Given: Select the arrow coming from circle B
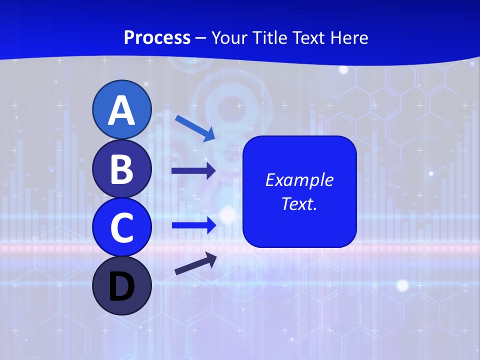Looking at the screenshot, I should pyautogui.click(x=193, y=171).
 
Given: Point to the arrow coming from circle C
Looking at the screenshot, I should pyautogui.click(x=193, y=225).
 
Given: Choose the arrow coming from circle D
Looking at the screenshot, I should pyautogui.click(x=195, y=264).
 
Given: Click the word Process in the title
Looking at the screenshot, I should pyautogui.click(x=157, y=37).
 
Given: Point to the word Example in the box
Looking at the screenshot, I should pyautogui.click(x=299, y=180).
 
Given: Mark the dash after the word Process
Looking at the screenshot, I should pyautogui.click(x=201, y=38).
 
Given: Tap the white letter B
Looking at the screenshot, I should pyautogui.click(x=121, y=169).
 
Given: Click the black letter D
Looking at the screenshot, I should pyautogui.click(x=121, y=286).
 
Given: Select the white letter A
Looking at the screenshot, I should pyautogui.click(x=121, y=110).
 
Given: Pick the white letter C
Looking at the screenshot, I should pyautogui.click(x=121, y=227).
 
